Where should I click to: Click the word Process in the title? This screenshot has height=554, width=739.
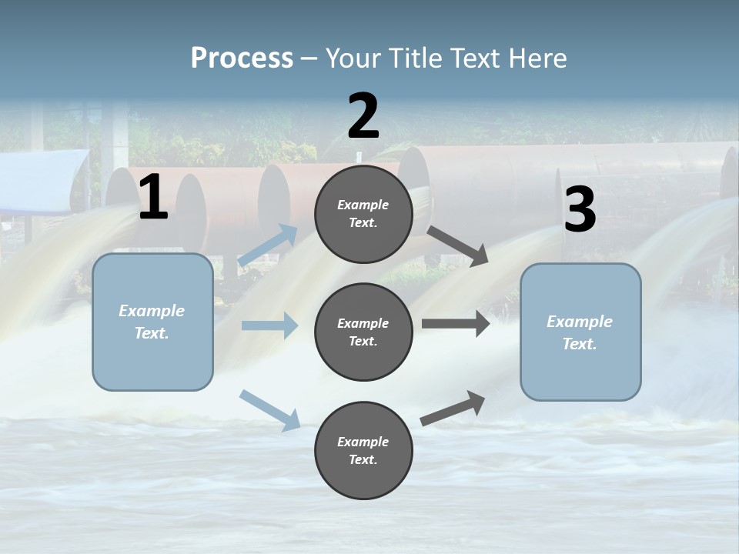(x=242, y=58)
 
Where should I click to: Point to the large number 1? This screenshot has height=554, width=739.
(x=153, y=198)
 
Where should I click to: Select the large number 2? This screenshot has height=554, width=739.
(x=363, y=116)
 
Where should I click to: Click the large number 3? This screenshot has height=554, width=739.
(x=580, y=209)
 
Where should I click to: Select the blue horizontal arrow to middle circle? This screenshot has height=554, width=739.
(x=269, y=325)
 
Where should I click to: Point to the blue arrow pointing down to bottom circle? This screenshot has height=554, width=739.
(x=269, y=409)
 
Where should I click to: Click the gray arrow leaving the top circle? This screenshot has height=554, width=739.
(x=458, y=246)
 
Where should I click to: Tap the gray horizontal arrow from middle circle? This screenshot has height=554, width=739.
(x=455, y=324)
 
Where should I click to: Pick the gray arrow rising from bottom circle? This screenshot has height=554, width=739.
(x=453, y=408)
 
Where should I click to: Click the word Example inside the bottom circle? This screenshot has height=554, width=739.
(x=363, y=442)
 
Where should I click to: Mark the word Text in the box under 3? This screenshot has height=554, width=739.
(x=580, y=344)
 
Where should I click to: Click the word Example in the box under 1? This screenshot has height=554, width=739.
(x=152, y=311)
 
